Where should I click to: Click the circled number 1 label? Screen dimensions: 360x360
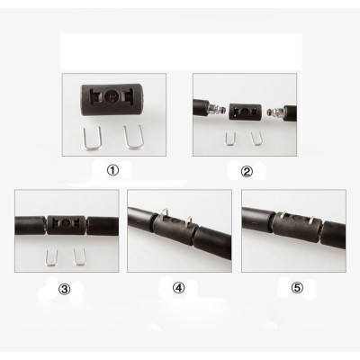113,170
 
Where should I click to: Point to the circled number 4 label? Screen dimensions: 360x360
178,288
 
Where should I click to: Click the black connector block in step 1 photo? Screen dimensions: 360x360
112,97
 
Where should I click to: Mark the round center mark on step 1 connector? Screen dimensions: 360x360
111,96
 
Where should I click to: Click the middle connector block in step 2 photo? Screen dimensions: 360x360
242,110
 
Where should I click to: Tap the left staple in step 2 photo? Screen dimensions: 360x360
229,137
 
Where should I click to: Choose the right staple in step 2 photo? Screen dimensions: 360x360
256,138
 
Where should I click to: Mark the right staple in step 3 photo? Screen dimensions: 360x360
79,257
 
